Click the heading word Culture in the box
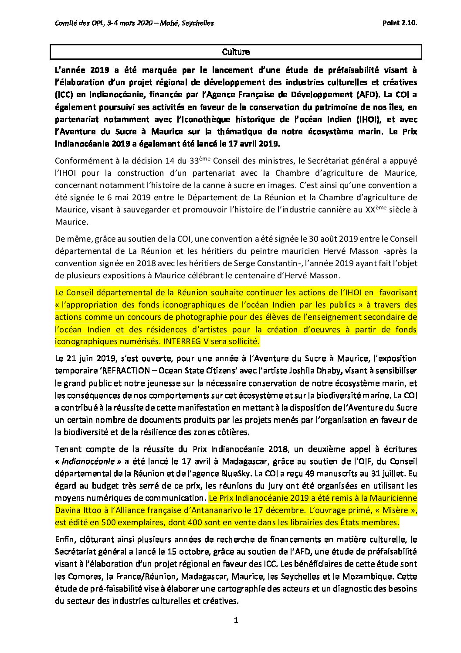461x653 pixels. click(x=236, y=52)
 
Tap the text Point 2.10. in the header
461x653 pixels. click(x=400, y=23)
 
